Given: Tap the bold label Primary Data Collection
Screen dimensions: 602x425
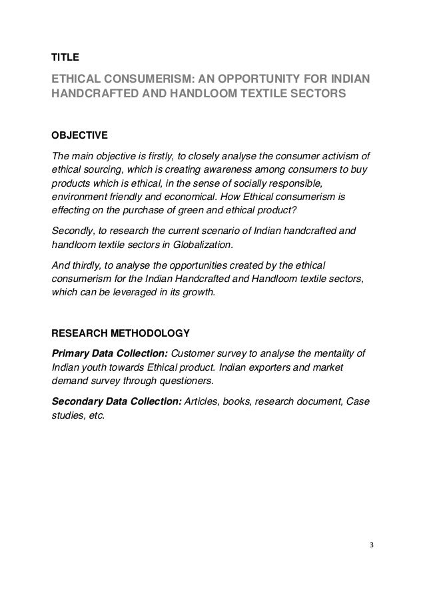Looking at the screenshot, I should click(x=110, y=353).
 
